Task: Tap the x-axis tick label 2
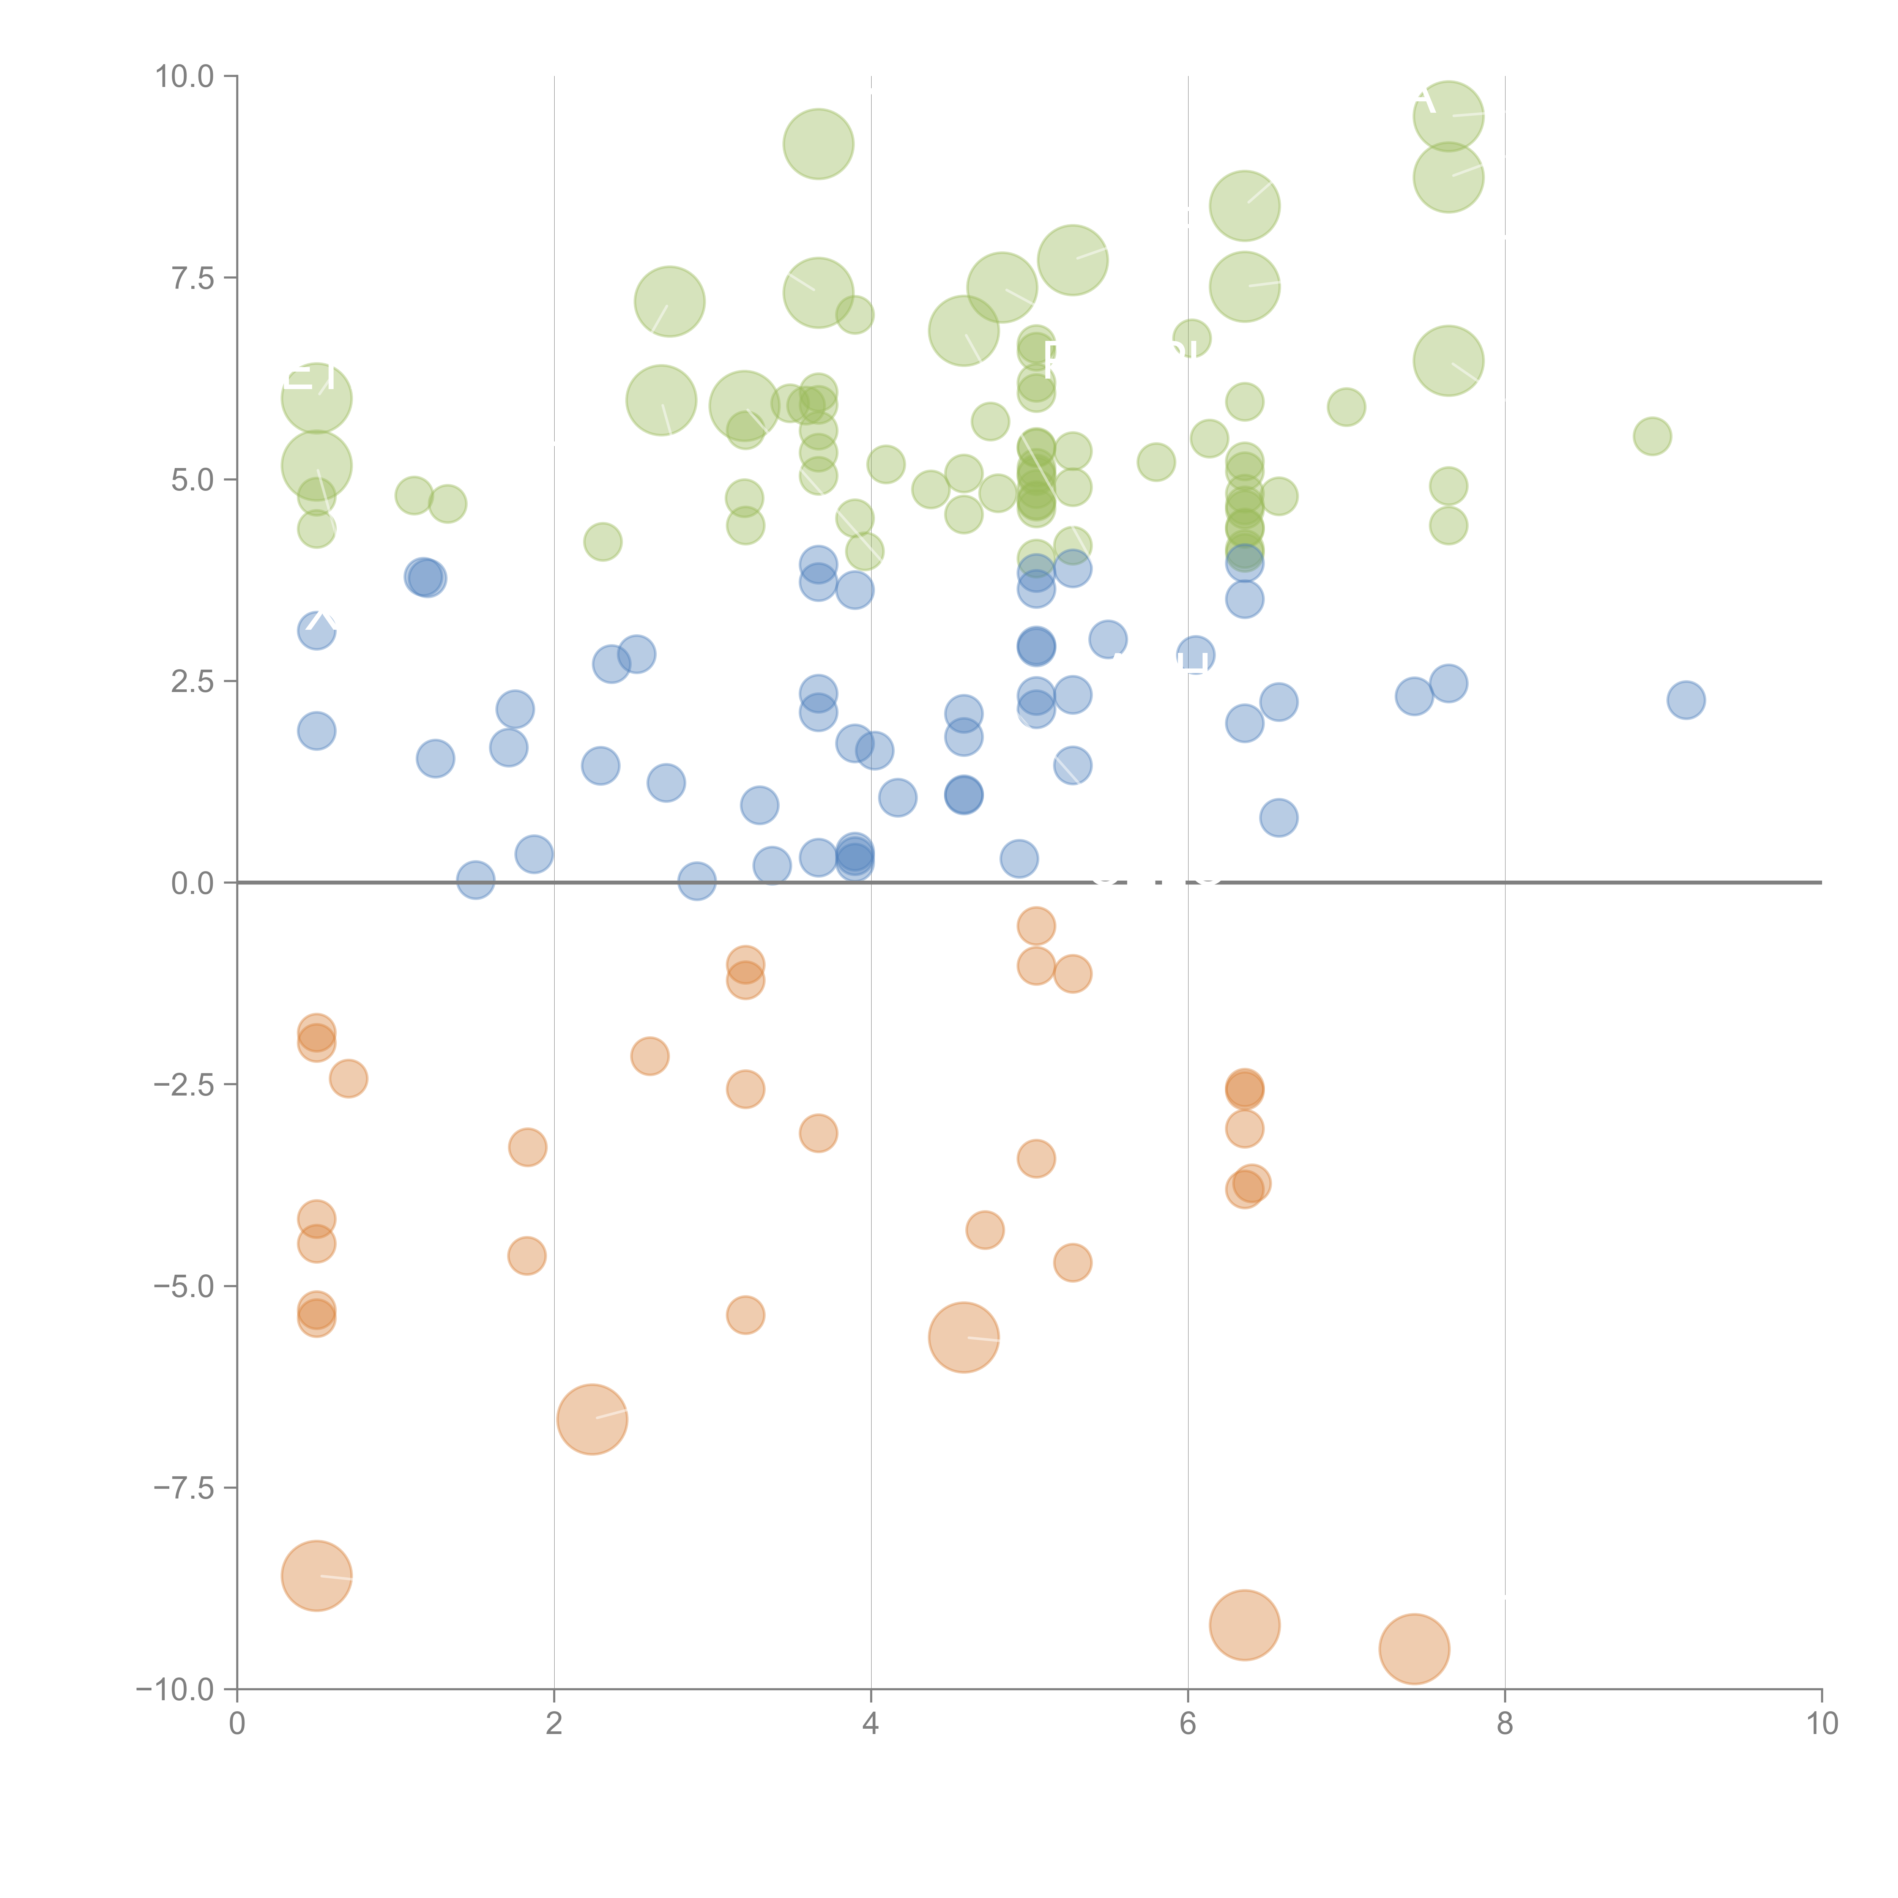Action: pos(554,1724)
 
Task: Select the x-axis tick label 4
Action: pos(870,1724)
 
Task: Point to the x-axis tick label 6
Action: pos(1188,1724)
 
